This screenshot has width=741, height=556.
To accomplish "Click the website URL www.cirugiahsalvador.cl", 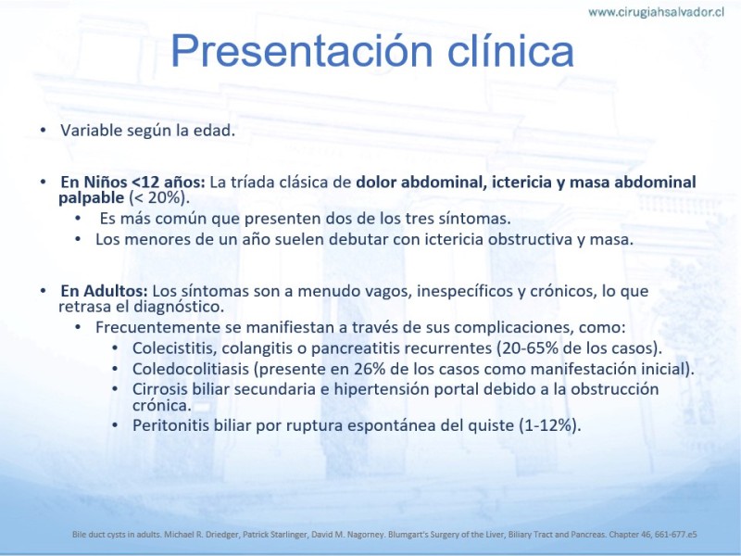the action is (656, 12).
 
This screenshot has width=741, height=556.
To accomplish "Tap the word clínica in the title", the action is (510, 50).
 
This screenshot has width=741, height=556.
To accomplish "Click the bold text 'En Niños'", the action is (94, 182).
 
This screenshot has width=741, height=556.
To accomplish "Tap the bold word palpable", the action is (91, 198).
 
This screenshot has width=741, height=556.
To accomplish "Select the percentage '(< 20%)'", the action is (158, 197).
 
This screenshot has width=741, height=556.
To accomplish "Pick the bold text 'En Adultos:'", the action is (104, 291).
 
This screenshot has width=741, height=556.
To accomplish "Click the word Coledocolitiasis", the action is (191, 369).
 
